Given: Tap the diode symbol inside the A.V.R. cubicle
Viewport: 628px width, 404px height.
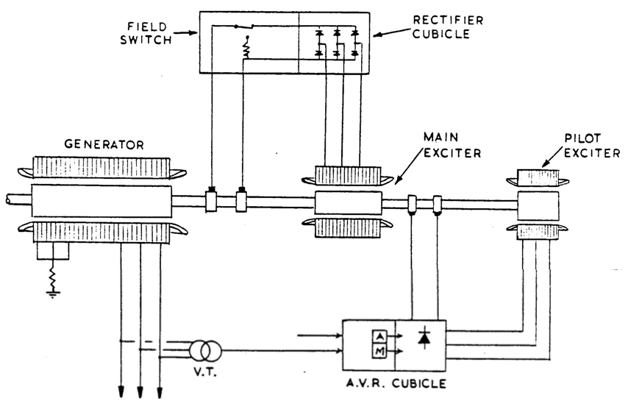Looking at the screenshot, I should tap(424, 340).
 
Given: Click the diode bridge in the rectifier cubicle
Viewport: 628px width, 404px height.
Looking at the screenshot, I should tap(338, 43).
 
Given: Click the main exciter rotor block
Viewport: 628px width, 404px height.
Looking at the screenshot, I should tap(348, 202).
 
